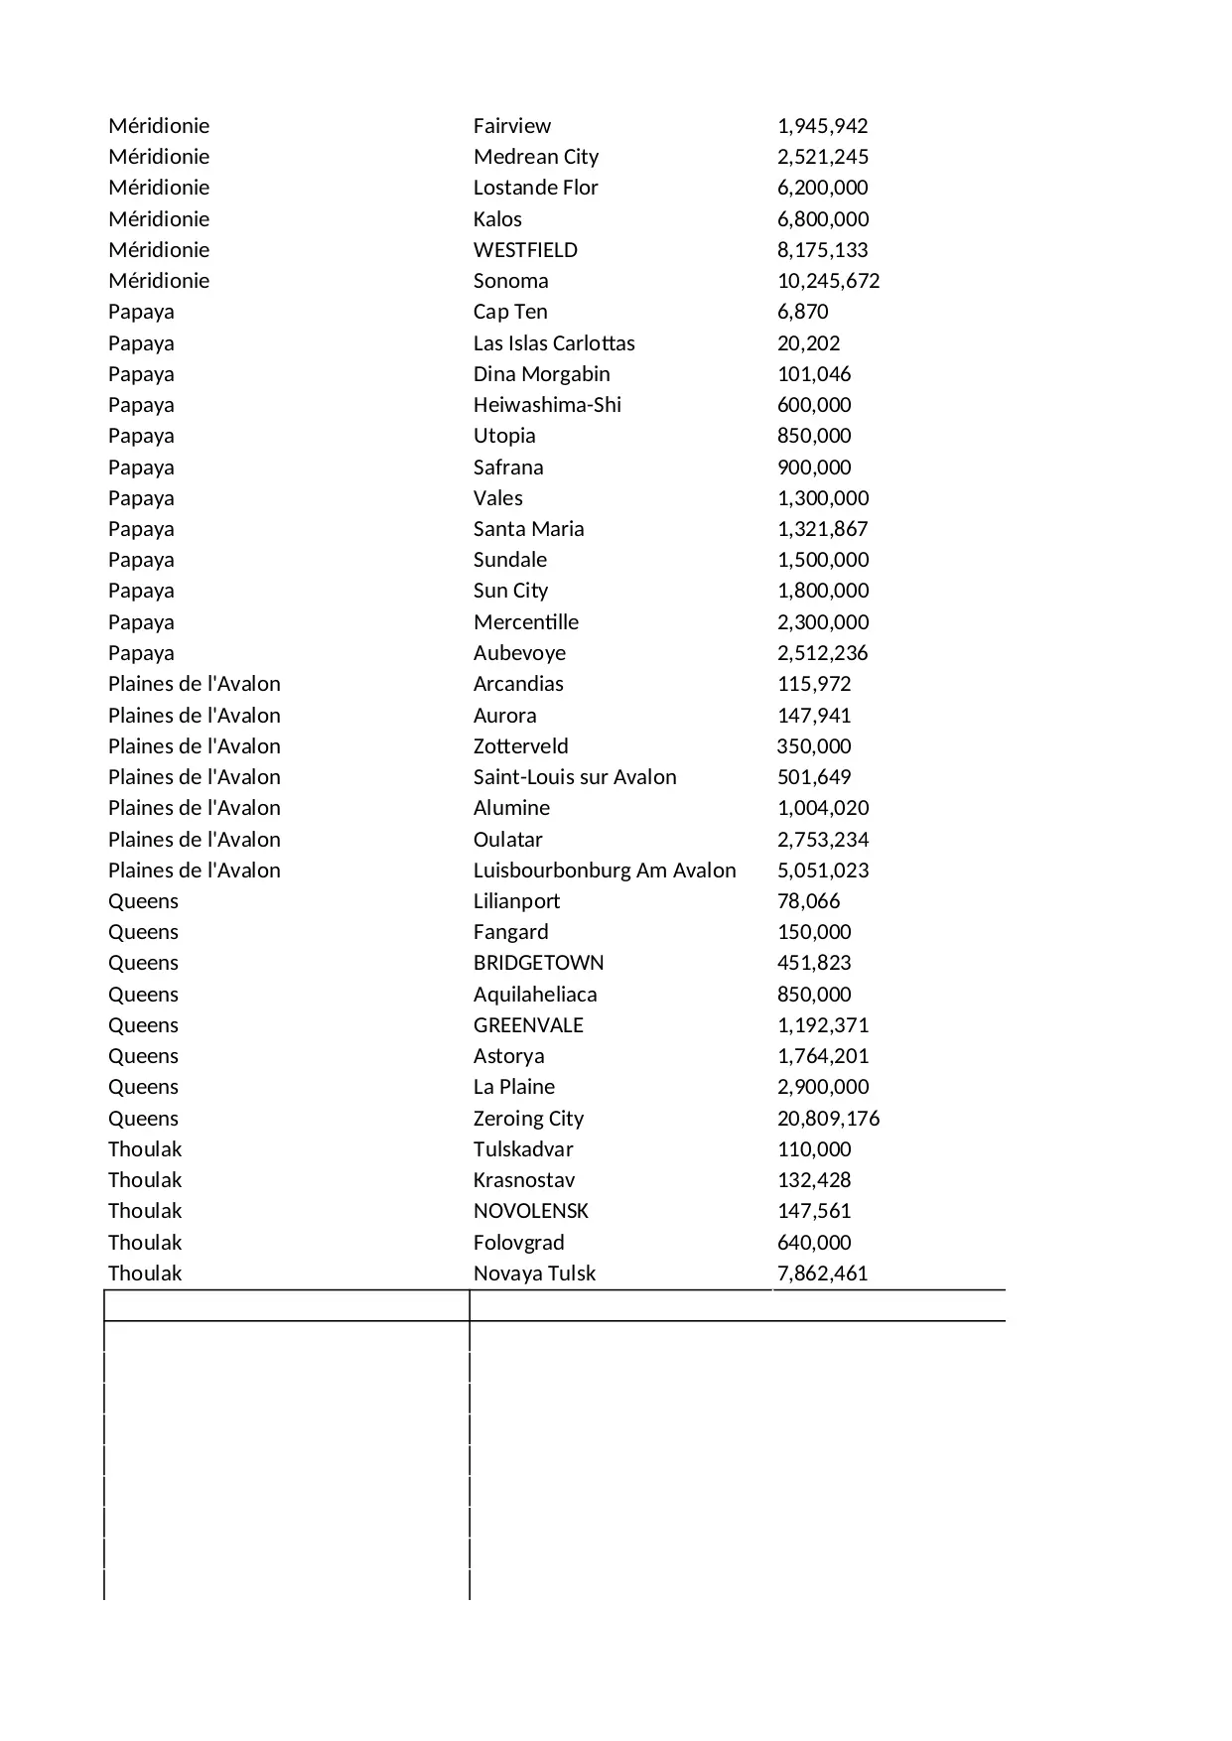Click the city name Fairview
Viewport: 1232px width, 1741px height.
coord(511,126)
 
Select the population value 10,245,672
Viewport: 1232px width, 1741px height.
coord(828,281)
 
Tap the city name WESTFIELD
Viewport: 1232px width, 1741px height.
coord(525,250)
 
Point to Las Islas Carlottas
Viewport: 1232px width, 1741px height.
coord(554,343)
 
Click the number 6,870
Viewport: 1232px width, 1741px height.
coord(802,312)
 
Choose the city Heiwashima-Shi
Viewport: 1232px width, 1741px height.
coord(547,405)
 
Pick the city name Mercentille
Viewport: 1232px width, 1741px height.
coord(525,622)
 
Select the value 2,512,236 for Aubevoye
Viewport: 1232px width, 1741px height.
coord(822,653)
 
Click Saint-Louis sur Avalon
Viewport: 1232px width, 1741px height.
coord(575,777)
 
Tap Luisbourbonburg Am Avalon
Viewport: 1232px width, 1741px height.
coord(605,870)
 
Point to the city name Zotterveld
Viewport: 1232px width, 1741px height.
coord(520,746)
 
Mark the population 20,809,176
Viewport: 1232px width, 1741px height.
coord(828,1119)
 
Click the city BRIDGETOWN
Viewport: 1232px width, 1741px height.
coord(538,963)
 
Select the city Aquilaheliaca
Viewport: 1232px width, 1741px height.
coord(535,995)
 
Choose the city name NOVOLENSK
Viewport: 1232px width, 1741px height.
coord(530,1211)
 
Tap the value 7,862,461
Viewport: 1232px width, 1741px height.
coord(822,1273)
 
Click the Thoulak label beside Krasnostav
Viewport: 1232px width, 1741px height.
coord(145,1180)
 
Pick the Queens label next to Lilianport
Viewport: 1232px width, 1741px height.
coord(143,901)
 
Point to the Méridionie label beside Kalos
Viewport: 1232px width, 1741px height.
coord(159,219)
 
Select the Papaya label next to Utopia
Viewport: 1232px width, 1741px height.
coord(141,436)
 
